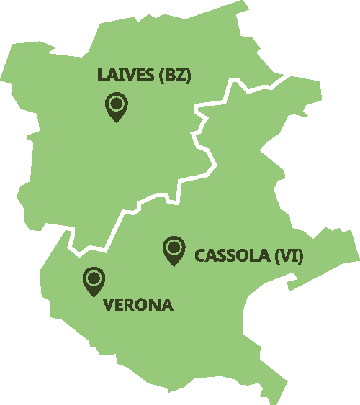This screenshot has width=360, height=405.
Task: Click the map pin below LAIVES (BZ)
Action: coord(115,107)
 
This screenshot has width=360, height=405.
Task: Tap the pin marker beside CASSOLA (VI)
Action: coord(173,250)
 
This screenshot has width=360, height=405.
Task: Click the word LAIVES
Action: coord(125,76)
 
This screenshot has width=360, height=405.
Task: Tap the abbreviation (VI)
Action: coord(289,255)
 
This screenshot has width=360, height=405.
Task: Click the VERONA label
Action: coord(139,305)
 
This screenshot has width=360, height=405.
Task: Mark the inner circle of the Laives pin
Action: coord(115,104)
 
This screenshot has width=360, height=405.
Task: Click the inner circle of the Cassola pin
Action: coord(173,247)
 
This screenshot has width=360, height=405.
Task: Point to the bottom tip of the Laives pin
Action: coord(115,122)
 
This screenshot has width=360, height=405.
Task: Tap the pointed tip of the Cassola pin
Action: coord(173,265)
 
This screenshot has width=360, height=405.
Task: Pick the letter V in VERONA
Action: coord(109,305)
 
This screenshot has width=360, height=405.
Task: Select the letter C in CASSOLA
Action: coord(201,255)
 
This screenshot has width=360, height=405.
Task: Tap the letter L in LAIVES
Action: coord(102,76)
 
